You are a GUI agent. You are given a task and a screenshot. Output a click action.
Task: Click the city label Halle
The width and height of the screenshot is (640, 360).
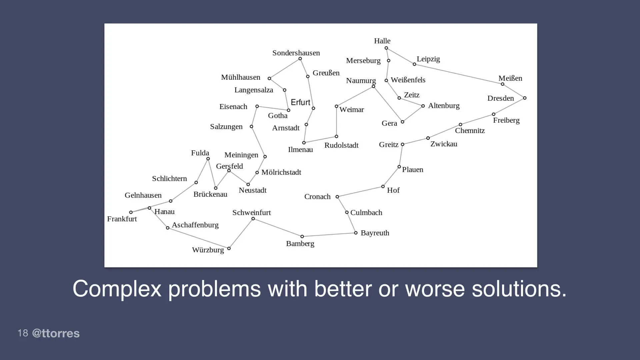382,41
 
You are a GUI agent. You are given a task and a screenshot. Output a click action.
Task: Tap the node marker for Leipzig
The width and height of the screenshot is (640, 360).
414,64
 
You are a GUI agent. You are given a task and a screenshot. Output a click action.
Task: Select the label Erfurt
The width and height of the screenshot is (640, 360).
300,102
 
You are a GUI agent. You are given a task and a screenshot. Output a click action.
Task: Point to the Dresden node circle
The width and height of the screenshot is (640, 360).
525,98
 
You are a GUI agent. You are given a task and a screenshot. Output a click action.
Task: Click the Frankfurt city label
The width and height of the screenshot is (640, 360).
122,219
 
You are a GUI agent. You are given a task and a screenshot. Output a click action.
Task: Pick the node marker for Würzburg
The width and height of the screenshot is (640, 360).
229,248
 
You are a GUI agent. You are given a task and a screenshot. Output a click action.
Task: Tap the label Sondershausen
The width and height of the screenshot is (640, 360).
296,53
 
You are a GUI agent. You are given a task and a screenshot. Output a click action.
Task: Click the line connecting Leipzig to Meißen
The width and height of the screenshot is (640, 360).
458,74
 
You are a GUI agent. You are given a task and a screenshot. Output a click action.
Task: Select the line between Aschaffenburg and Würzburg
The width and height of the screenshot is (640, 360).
198,238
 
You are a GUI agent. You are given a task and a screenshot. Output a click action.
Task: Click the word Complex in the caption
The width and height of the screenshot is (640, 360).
117,289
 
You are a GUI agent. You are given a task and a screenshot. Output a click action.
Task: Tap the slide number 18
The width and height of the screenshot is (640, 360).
23,333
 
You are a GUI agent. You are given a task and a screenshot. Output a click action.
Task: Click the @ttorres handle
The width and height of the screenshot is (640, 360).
56,333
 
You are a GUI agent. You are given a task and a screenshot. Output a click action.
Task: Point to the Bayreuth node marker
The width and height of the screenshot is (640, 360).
356,233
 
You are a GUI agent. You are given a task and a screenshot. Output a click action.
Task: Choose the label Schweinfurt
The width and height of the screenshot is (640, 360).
251,213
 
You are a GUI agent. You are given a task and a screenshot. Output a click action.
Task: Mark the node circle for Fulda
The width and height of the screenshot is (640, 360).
208,159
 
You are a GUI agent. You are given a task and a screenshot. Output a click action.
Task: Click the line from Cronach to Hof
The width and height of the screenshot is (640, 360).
360,192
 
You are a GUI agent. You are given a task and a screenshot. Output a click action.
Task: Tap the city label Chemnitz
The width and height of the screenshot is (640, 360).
470,131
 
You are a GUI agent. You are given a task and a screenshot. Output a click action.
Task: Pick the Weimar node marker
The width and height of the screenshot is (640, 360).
336,106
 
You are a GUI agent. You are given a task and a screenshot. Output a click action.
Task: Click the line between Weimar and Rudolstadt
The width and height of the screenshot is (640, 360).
336,121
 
